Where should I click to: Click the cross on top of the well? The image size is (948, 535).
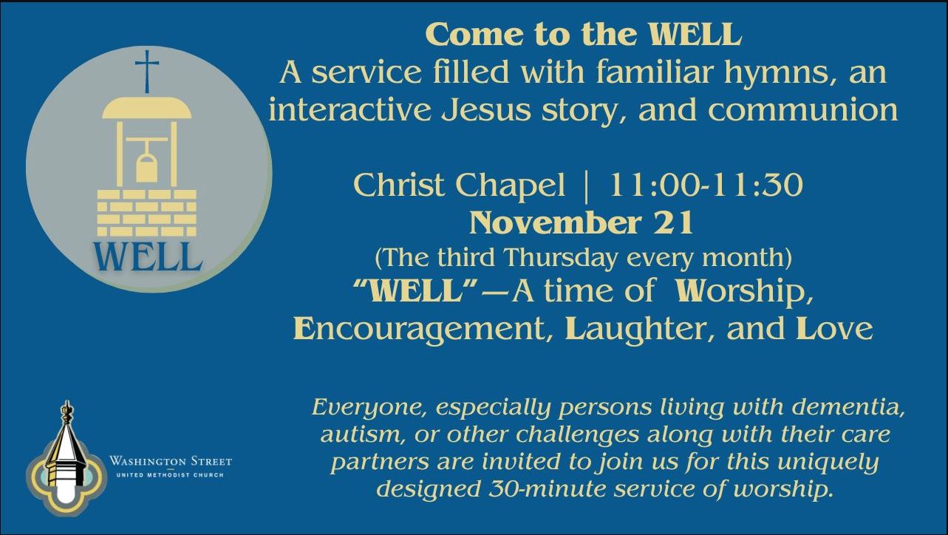[147, 71]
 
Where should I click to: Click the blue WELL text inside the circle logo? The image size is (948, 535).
[147, 256]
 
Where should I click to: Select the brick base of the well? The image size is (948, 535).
[147, 213]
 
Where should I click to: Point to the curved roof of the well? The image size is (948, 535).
[147, 108]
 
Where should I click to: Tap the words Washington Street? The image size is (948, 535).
[171, 460]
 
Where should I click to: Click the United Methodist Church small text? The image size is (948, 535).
[170, 475]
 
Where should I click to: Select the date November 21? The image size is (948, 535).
[582, 222]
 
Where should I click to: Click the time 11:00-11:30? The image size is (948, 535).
[706, 185]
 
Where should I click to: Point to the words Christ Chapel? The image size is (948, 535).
[459, 186]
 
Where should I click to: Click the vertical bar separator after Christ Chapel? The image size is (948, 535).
[586, 186]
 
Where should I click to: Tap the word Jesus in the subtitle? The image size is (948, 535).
[486, 110]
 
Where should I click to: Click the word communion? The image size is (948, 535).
[803, 111]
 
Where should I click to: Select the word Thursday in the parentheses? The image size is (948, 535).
[560, 258]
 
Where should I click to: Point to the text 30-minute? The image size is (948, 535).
[548, 489]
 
